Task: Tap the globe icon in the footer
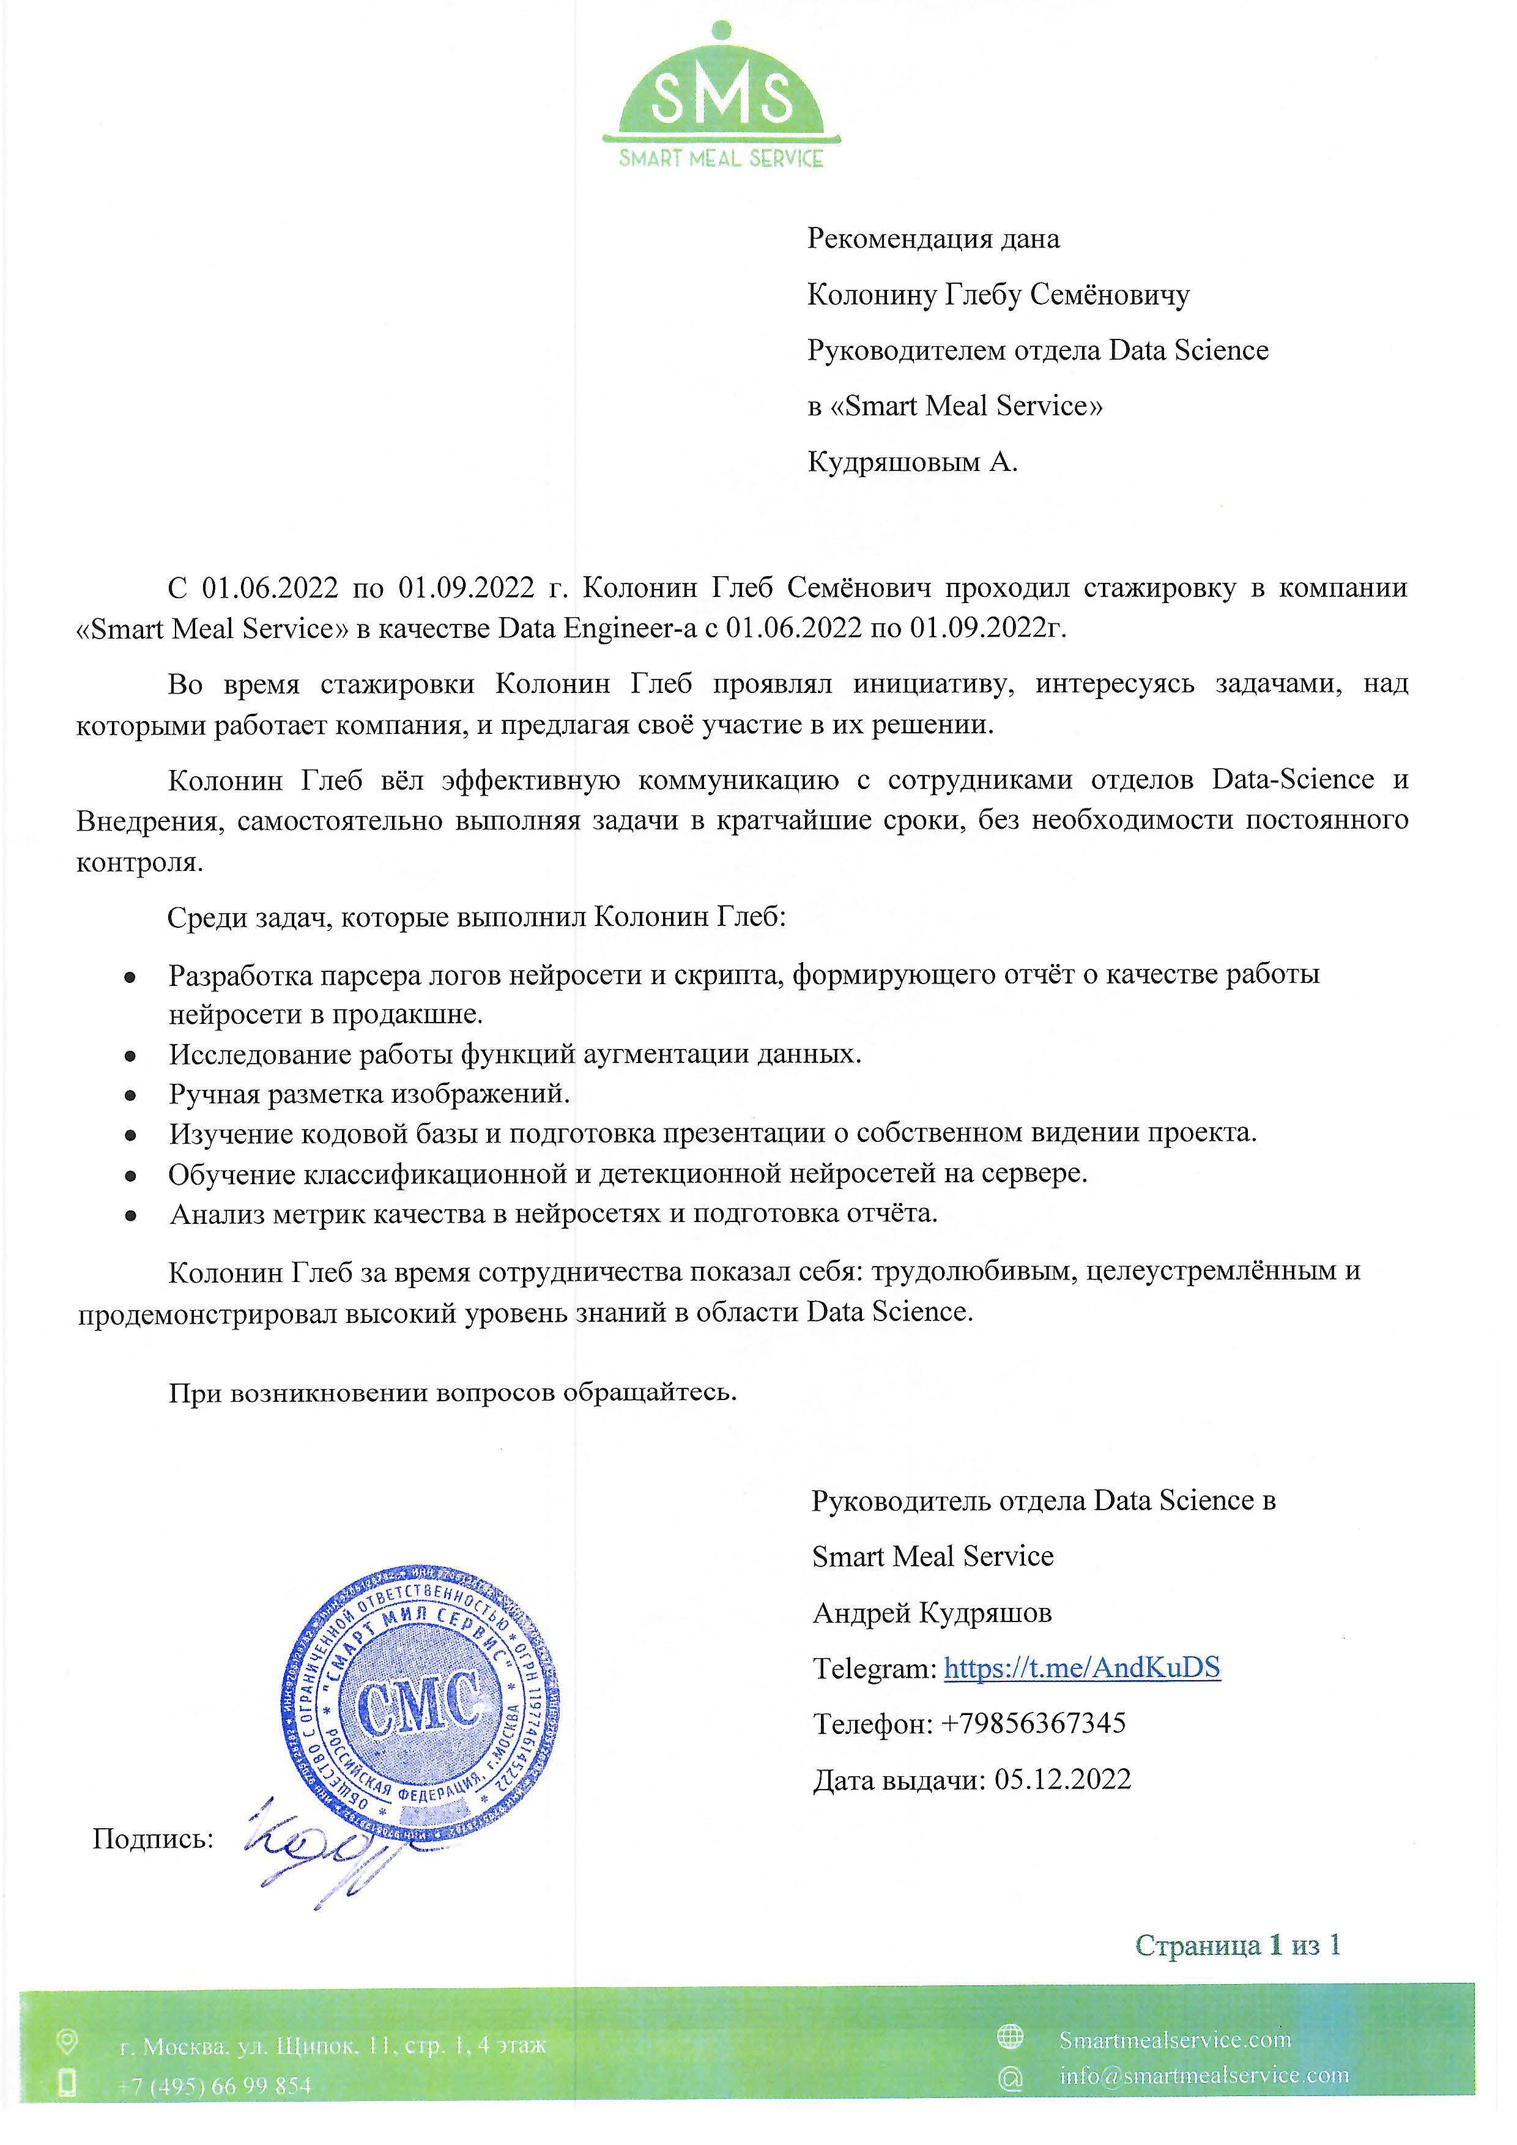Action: (x=1010, y=2036)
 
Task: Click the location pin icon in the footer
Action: (x=67, y=2042)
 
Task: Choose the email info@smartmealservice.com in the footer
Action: (x=1204, y=2076)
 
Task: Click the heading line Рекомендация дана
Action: (x=933, y=239)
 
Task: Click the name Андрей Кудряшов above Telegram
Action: (x=932, y=1612)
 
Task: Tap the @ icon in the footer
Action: (x=1010, y=2078)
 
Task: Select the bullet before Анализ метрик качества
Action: (x=132, y=1215)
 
